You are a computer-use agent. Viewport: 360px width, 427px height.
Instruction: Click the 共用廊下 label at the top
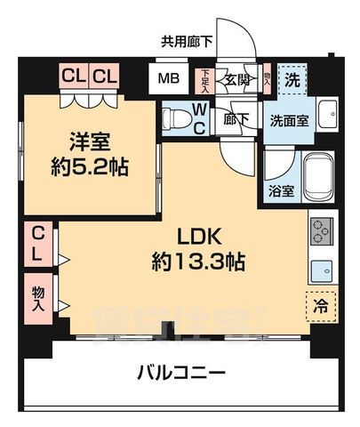point(186,41)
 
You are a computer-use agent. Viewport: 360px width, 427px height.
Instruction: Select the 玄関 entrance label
point(236,78)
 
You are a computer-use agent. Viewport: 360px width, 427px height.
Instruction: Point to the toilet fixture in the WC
point(178,117)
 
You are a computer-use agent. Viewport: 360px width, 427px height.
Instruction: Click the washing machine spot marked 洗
point(290,78)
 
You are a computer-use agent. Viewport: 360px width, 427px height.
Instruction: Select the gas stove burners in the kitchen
point(321,231)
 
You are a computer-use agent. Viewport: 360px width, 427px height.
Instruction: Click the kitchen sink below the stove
point(321,267)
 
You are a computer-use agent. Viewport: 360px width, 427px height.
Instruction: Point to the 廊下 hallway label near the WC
point(236,117)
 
